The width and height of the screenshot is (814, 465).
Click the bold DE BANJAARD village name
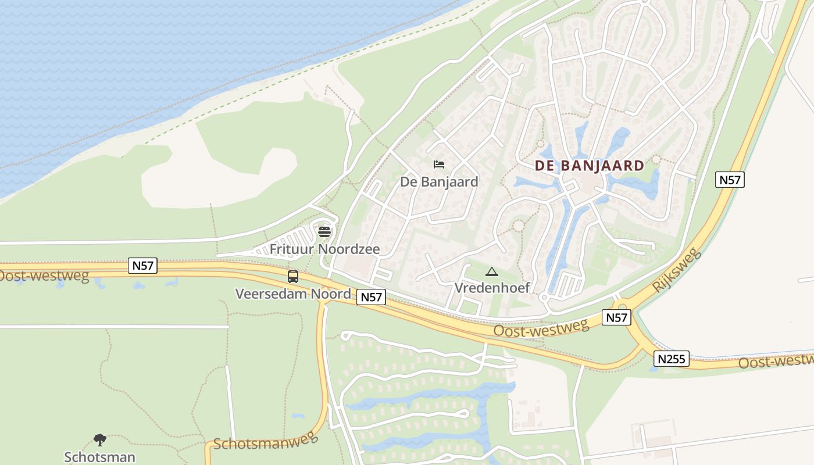click(x=590, y=166)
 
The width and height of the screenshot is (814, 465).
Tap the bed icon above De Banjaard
click(x=439, y=164)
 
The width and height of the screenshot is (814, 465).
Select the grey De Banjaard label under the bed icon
click(x=439, y=182)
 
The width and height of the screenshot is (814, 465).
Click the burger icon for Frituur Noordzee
click(x=324, y=232)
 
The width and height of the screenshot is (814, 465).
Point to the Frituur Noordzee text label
click(x=324, y=249)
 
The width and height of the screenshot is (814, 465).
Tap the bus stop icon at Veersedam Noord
click(x=293, y=277)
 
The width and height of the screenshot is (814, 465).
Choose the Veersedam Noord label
click(x=293, y=294)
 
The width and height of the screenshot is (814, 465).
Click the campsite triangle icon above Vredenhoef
click(x=492, y=271)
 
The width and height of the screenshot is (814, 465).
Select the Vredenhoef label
click(x=491, y=288)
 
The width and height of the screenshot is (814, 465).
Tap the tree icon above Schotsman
click(x=100, y=440)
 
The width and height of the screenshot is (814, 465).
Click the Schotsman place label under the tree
click(x=100, y=457)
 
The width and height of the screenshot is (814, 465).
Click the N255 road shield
click(x=672, y=359)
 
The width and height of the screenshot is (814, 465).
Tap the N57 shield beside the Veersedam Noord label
click(x=371, y=297)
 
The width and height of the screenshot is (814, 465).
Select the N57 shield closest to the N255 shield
click(x=616, y=317)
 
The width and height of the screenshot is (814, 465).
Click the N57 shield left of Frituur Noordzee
click(x=142, y=266)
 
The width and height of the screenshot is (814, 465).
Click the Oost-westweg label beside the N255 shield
click(x=776, y=361)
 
